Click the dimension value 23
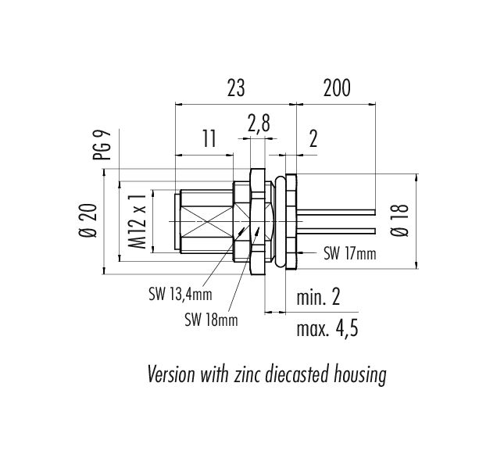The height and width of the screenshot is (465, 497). pyautogui.click(x=236, y=88)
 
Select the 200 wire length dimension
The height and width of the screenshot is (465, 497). pyautogui.click(x=337, y=88)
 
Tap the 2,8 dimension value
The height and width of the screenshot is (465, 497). pyautogui.click(x=259, y=123)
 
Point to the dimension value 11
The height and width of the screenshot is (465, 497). pyautogui.click(x=209, y=138)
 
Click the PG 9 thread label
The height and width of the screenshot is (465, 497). pyautogui.click(x=102, y=145)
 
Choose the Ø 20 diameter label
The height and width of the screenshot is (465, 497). pyautogui.click(x=88, y=220)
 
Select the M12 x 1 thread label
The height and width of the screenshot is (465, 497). pyautogui.click(x=138, y=222)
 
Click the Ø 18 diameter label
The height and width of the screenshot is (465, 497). pyautogui.click(x=399, y=220)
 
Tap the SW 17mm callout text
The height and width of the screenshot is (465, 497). pyautogui.click(x=349, y=253)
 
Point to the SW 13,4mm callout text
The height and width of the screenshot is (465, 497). pyautogui.click(x=180, y=294)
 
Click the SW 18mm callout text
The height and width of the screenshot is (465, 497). pyautogui.click(x=211, y=320)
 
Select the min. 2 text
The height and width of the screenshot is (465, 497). pyautogui.click(x=318, y=297)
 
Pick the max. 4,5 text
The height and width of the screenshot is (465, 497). pyautogui.click(x=327, y=328)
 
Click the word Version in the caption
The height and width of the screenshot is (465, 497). pyautogui.click(x=171, y=374)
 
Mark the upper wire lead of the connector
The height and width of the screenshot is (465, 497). pyautogui.click(x=336, y=212)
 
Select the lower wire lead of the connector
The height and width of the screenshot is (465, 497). pyautogui.click(x=336, y=231)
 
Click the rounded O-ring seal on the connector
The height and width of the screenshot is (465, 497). pyautogui.click(x=280, y=221)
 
